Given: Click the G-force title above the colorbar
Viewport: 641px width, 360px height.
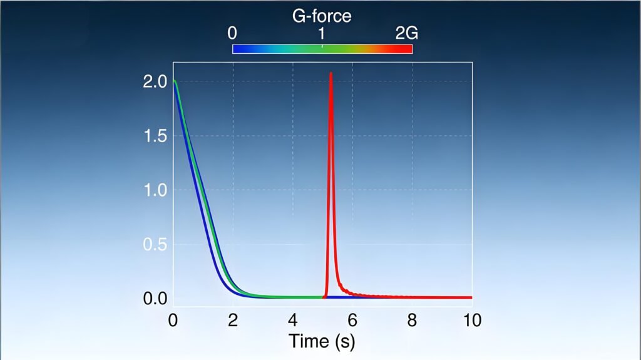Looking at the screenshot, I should click(322, 16).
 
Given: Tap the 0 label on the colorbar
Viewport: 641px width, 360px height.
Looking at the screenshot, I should click(232, 34).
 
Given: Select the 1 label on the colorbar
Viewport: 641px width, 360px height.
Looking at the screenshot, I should click(322, 34).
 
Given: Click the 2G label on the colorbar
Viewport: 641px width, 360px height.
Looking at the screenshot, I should click(406, 34).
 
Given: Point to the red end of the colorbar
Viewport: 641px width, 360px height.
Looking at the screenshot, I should click(408, 49).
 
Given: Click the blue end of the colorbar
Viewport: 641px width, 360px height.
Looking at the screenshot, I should click(237, 49).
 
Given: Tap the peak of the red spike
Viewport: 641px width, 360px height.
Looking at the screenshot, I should click(331, 73).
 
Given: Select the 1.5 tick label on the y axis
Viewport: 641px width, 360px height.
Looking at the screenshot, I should click(154, 136).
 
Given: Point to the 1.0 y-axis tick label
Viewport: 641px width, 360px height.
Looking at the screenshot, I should click(154, 190).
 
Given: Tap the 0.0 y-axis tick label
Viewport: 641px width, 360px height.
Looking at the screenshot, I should click(154, 299).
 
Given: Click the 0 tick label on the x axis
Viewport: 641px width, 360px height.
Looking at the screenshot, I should click(173, 321).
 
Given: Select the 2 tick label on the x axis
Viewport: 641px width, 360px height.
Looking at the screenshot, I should click(233, 321).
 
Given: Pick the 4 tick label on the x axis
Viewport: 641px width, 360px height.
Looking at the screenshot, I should click(292, 321).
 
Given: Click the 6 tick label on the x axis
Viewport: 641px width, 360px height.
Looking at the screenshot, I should click(352, 321).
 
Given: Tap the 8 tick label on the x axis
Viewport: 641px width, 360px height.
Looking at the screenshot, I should click(412, 321).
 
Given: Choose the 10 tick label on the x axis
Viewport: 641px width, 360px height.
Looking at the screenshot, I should click(471, 321).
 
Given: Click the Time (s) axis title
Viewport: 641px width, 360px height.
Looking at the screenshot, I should click(322, 342).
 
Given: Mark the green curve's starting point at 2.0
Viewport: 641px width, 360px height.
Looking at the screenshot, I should click(175, 81).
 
